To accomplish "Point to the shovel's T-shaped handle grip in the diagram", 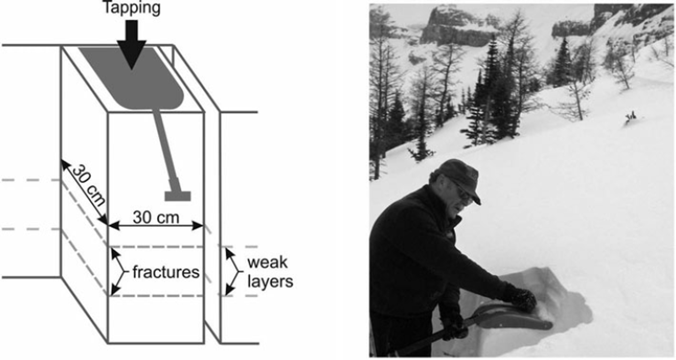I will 178,195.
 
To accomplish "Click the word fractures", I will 166,272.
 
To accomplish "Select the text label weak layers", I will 269,272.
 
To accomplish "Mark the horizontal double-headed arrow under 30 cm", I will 155,226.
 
